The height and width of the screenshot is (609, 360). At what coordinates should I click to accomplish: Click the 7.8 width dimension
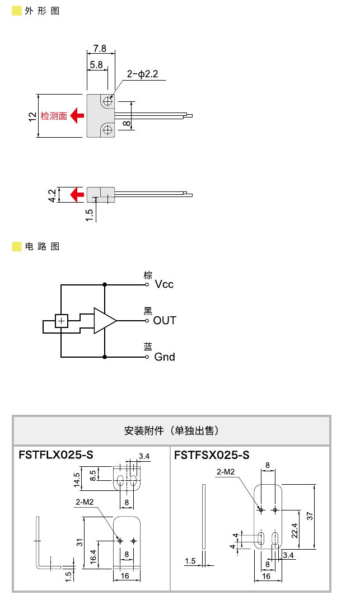(x=100, y=48)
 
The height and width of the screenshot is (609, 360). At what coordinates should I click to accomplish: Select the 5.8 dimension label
(x=96, y=65)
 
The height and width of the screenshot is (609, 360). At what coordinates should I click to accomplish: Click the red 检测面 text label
(x=54, y=116)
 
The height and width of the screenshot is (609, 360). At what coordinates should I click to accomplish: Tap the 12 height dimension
(x=32, y=115)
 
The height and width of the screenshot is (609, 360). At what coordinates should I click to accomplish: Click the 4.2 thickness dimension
(x=52, y=195)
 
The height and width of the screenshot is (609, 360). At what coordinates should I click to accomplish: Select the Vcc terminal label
(x=164, y=284)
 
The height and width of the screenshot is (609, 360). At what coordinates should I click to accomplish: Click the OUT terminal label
(x=165, y=321)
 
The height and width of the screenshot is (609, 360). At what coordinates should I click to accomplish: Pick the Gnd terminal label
(x=164, y=357)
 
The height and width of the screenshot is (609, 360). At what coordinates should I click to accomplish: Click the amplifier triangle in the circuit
(x=104, y=321)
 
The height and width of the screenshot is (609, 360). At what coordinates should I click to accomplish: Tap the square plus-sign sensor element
(x=61, y=321)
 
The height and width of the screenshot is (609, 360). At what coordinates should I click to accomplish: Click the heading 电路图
(x=42, y=246)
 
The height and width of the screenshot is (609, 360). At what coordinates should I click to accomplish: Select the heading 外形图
(x=42, y=11)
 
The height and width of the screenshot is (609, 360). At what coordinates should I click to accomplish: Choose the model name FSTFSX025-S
(x=211, y=455)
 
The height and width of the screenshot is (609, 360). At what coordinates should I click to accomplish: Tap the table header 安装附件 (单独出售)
(x=171, y=431)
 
